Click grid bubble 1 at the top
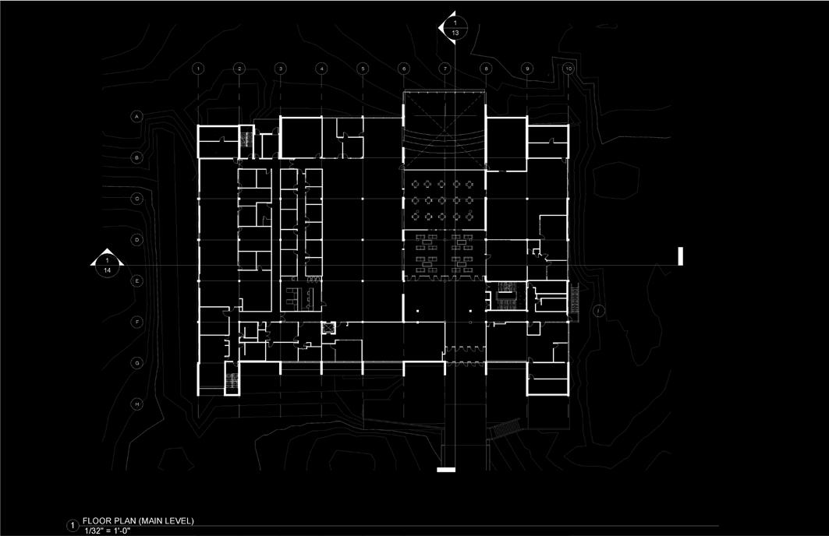[x=199, y=69]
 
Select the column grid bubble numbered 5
[x=362, y=69]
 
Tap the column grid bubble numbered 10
[x=569, y=69]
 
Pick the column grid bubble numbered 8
[x=485, y=69]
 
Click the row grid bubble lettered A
[x=137, y=117]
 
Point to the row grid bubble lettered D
[x=137, y=240]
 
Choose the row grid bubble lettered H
[x=137, y=404]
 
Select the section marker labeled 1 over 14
[x=107, y=266]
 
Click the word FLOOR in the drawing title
[x=97, y=520]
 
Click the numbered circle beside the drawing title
[x=74, y=525]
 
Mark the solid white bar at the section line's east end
[x=681, y=256]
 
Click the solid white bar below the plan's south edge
[x=445, y=470]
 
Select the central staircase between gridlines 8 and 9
[x=506, y=296]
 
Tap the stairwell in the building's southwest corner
[x=232, y=381]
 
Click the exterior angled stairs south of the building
[x=505, y=430]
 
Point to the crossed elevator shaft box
[x=328, y=328]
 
